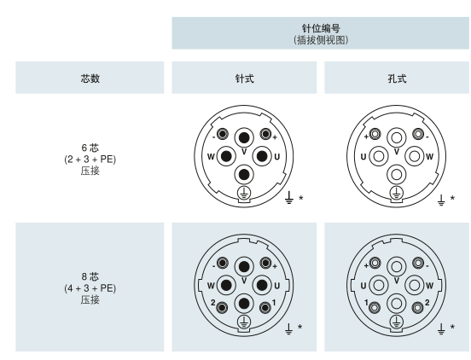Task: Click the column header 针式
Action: click(x=245, y=78)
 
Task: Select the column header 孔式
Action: click(x=397, y=78)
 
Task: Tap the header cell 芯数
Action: click(x=90, y=78)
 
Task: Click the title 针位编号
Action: click(x=321, y=28)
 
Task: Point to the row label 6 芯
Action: click(x=90, y=148)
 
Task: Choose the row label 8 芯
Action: click(x=90, y=276)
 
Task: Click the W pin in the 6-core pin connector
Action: click(x=226, y=156)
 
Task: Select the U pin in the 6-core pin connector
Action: click(x=262, y=156)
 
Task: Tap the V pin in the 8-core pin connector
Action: click(x=244, y=267)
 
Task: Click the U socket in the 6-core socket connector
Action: click(x=379, y=156)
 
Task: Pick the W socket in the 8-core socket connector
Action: click(x=415, y=285)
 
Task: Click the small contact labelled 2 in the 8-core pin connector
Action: click(x=223, y=307)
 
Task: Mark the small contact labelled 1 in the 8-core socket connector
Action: click(x=375, y=307)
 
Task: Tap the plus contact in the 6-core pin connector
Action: click(x=265, y=134)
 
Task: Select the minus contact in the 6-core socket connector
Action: click(x=418, y=134)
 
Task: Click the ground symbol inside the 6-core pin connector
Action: click(x=244, y=193)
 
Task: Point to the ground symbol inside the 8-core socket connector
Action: click(x=397, y=322)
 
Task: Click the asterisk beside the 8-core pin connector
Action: click(x=299, y=327)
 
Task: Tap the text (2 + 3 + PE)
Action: click(x=90, y=160)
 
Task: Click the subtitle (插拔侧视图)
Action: click(x=321, y=40)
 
